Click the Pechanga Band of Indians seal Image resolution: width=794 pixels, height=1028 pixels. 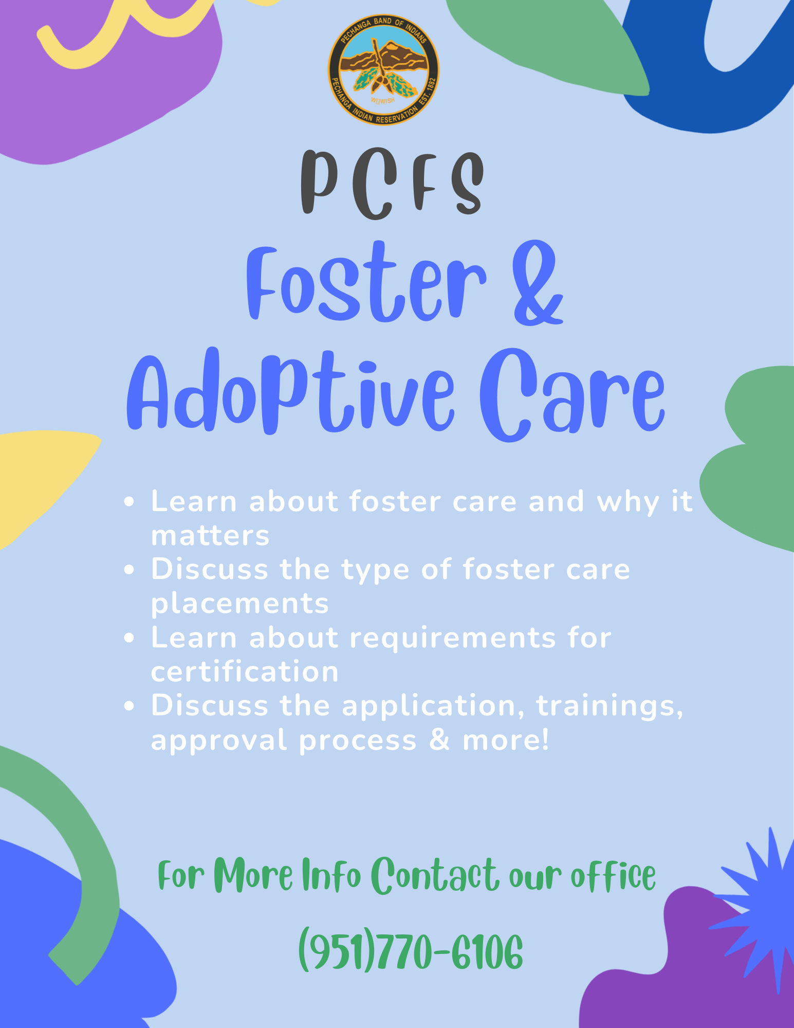point(383,70)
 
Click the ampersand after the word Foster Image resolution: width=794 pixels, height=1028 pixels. point(538,283)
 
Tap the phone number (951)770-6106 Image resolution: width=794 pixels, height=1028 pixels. point(411,951)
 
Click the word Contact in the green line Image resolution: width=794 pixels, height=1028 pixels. point(434,875)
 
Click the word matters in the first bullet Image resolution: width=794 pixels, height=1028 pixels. point(210,536)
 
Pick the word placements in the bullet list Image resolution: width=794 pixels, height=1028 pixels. point(239,604)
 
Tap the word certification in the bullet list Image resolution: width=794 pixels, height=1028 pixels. point(245,672)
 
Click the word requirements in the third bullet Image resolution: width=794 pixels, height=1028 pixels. point(453,638)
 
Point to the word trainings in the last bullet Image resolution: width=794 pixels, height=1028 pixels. point(610,706)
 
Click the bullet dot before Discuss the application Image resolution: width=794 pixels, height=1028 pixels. point(130,707)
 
